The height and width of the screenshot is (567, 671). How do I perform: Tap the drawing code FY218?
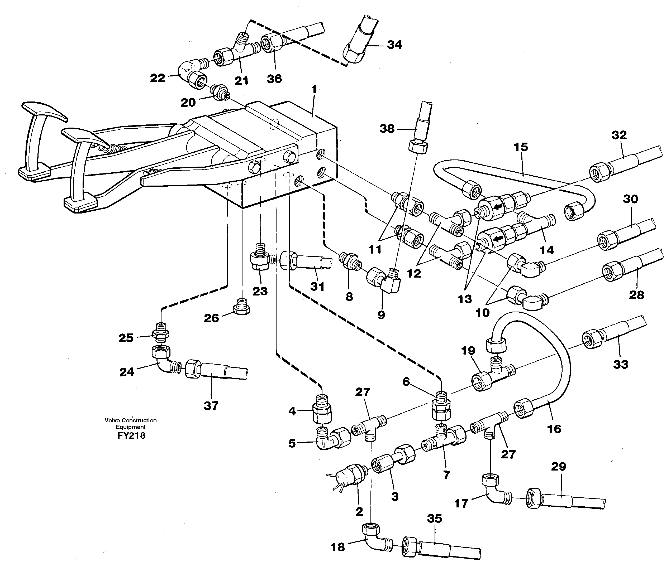point(131,435)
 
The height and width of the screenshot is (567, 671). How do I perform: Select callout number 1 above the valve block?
point(314,89)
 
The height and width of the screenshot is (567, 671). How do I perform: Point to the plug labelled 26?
point(241,307)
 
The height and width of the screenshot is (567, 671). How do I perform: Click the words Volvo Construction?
point(131,420)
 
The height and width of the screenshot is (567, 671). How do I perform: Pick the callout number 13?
point(464,299)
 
